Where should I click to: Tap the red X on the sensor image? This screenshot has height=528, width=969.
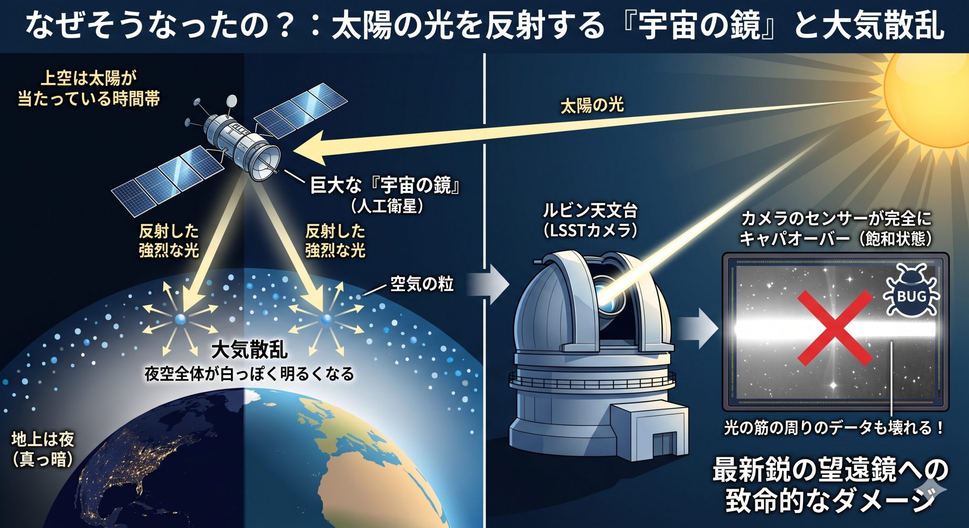tap(835, 328)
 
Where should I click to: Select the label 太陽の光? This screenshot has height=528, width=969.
tap(592, 106)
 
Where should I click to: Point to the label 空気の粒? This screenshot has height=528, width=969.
tap(422, 283)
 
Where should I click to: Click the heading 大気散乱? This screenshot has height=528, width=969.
tap(249, 349)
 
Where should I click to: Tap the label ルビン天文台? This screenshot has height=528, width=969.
tap(590, 211)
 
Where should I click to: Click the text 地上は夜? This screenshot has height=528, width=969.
tap(42, 440)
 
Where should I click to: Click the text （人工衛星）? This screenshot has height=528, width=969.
tap(386, 207)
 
